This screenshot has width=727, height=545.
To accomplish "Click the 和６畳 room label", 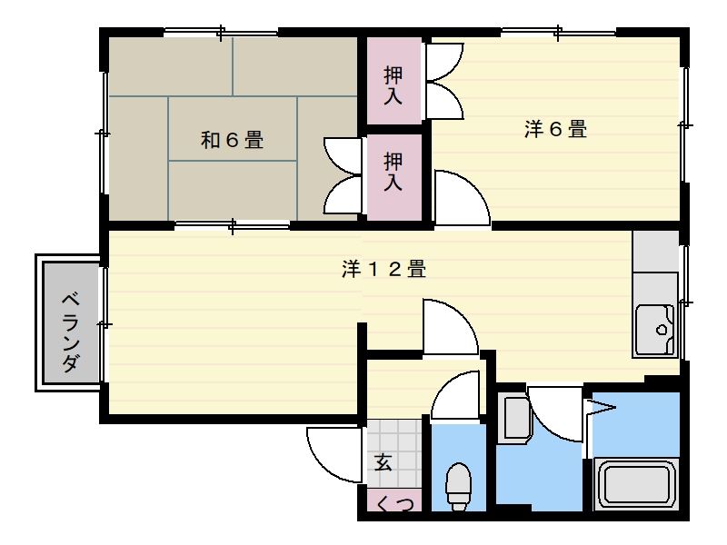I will [x=232, y=140].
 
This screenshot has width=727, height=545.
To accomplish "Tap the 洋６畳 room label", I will [x=555, y=129].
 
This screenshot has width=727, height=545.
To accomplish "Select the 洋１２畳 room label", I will [x=384, y=269].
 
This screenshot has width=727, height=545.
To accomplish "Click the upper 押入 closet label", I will [x=393, y=84].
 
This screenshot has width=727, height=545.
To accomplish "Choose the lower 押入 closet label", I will [x=393, y=171].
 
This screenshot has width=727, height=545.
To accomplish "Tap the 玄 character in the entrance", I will [x=383, y=461].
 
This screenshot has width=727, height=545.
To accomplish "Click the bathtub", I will [x=637, y=483].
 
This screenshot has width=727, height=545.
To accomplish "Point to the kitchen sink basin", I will [x=655, y=324].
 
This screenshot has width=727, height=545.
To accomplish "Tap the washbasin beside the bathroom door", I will [x=514, y=419].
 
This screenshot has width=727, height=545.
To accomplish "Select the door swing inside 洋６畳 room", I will [x=460, y=198].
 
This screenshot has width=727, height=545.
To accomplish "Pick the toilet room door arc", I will [x=454, y=398].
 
